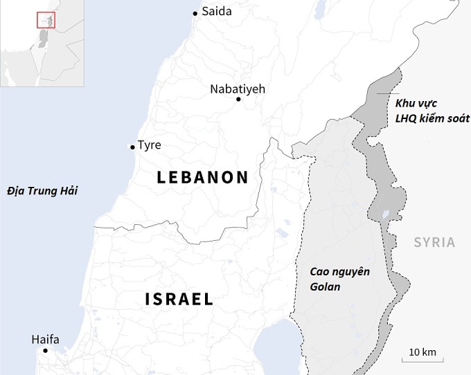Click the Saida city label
click(217, 11)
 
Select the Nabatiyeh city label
click(238, 89)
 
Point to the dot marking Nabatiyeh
click(238, 100)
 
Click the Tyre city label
click(150, 145)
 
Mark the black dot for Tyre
click(132, 147)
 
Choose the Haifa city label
click(46, 339)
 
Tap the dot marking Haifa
click(46, 351)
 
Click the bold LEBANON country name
click(202, 177)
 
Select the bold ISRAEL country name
click(179, 299)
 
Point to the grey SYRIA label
click(434, 242)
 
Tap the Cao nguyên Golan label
click(339, 279)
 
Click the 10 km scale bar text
click(423, 352)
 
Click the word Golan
click(325, 286)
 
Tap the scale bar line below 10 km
click(423, 360)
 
